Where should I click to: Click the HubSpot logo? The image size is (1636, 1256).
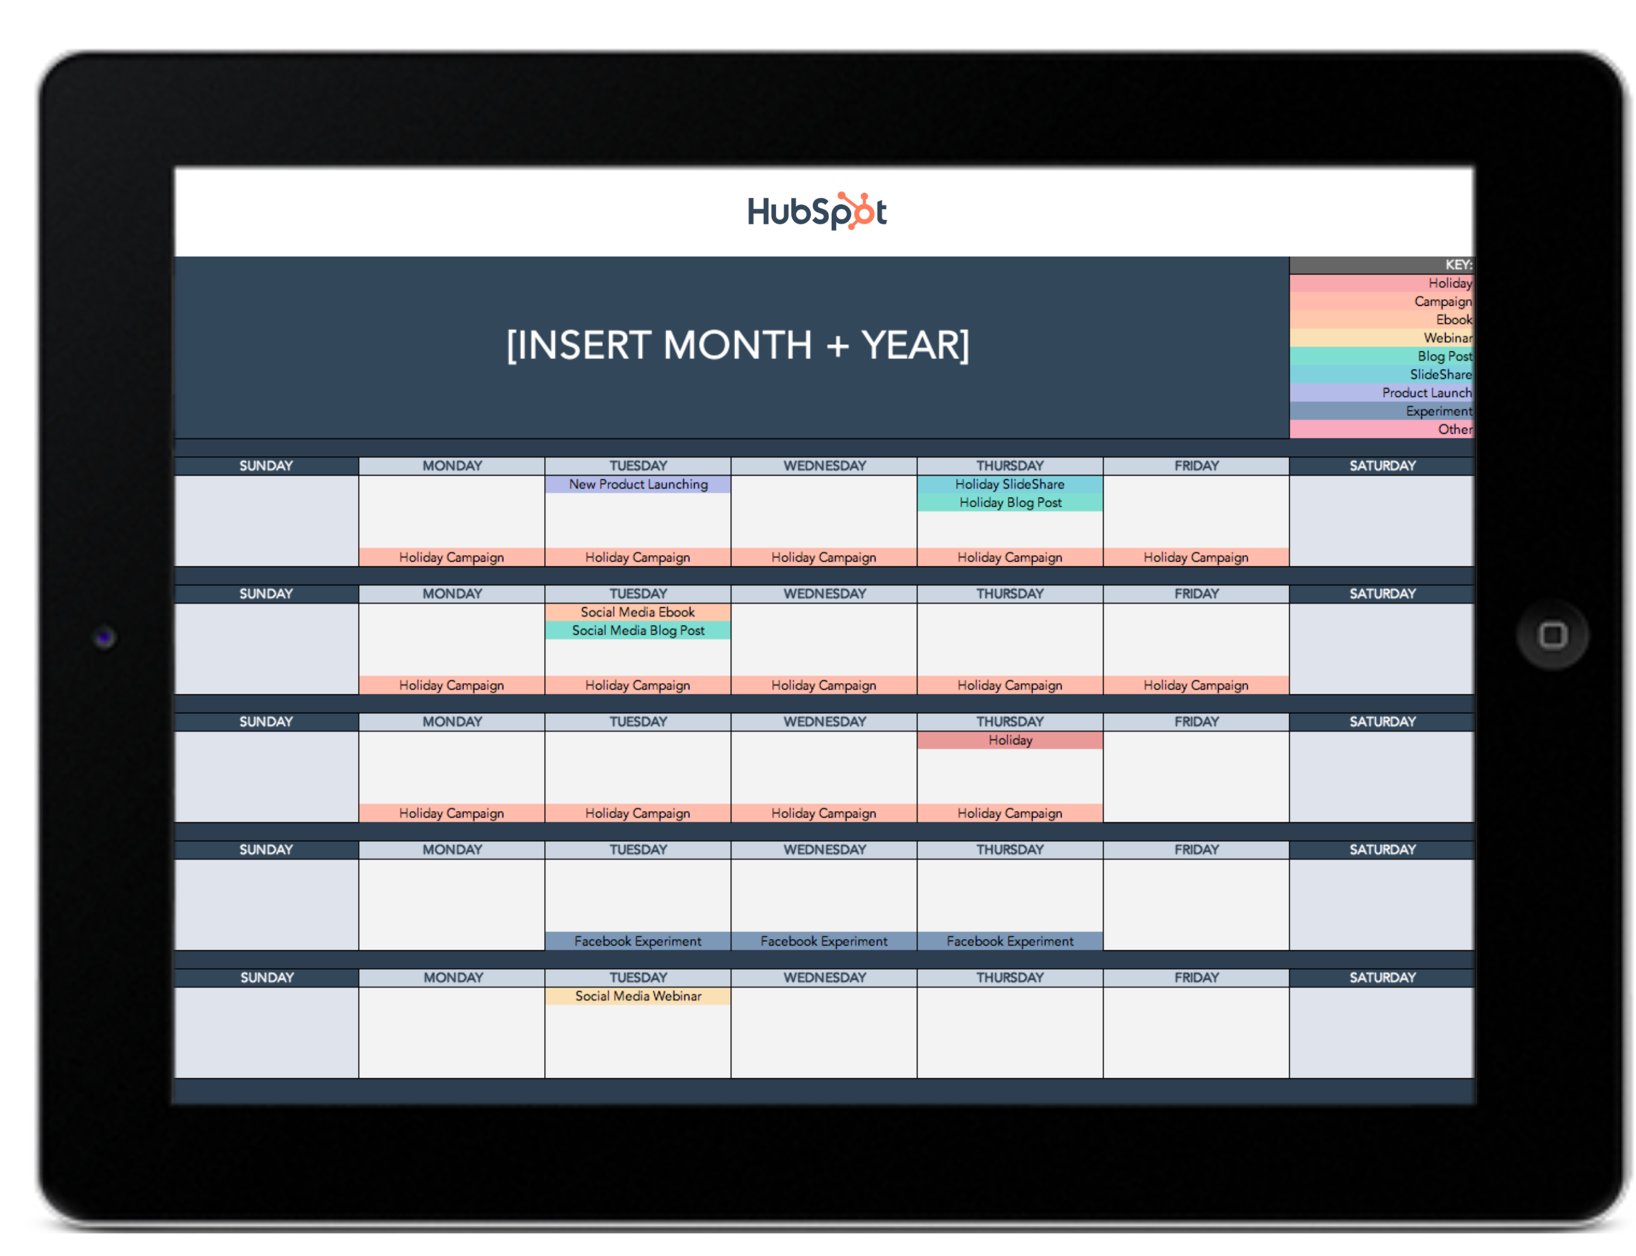point(816,211)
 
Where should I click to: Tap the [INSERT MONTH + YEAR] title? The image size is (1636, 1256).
point(737,345)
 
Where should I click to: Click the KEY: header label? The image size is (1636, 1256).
point(1457,265)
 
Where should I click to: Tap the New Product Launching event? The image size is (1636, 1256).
point(638,485)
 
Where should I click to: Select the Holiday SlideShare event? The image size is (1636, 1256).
point(1009,485)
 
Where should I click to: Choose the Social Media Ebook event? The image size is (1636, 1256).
point(638,613)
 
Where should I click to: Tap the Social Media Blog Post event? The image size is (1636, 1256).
point(638,630)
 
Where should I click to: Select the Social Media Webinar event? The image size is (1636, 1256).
point(638,996)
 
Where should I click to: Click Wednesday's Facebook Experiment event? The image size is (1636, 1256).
point(823,941)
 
